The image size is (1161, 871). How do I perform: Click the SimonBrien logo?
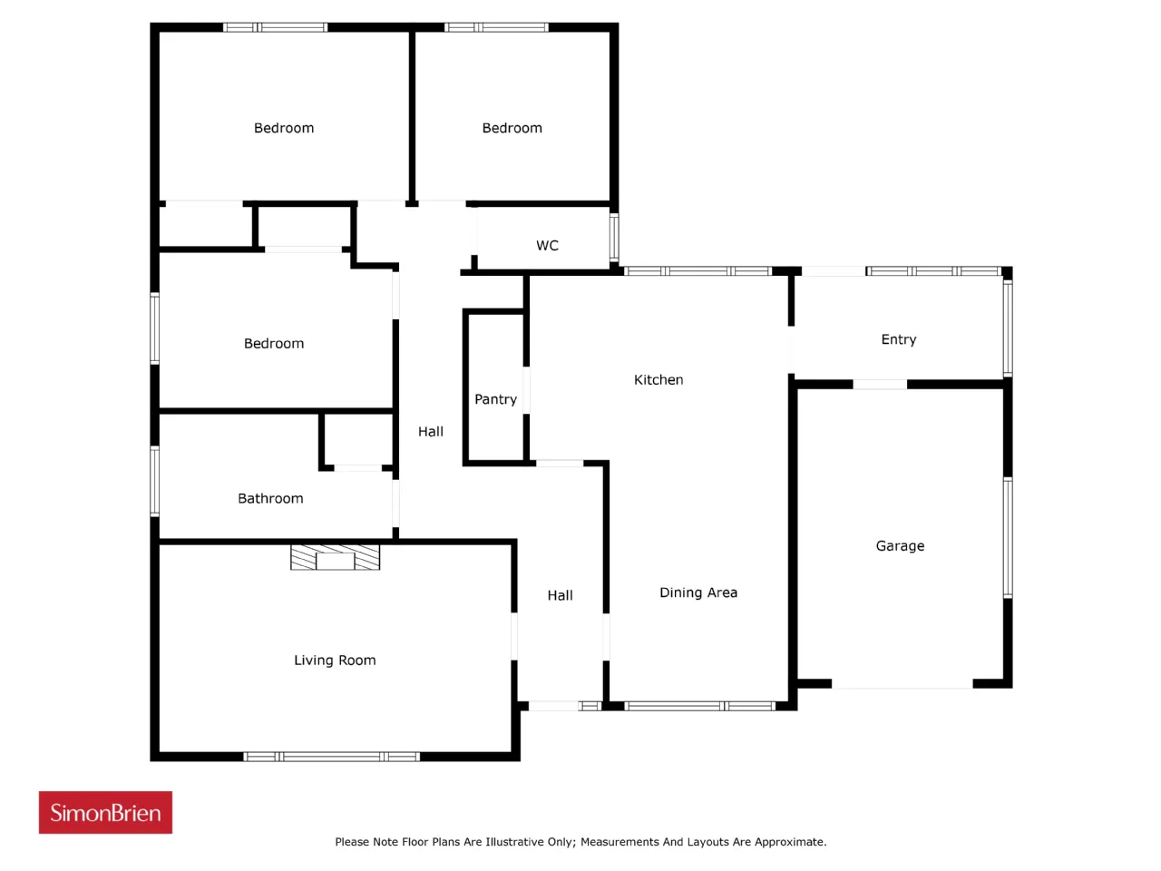pos(105,812)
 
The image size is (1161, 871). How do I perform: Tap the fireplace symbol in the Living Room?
pos(335,557)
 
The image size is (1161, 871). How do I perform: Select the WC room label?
pos(547,245)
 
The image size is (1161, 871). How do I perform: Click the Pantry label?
pos(495,399)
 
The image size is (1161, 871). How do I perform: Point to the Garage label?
pos(900,546)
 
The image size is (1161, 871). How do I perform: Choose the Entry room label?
pos(898,339)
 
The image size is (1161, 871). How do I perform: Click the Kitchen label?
pos(658,380)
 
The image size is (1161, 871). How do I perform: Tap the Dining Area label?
pos(698,592)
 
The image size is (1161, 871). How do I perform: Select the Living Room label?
pos(335,660)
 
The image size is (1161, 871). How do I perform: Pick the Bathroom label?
pos(270,498)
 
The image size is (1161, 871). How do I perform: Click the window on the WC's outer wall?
pos(613,237)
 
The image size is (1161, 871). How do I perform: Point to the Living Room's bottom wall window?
pos(332,757)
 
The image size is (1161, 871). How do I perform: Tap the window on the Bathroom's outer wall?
pos(154,481)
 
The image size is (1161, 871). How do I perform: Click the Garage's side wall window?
pos(1008,538)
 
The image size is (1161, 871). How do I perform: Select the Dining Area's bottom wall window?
pos(699,706)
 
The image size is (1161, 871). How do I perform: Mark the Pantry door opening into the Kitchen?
pos(526,390)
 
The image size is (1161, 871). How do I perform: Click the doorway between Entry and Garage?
pos(880,385)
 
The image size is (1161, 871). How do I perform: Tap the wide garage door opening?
pos(902,684)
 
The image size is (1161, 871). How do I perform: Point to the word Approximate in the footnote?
pos(790,843)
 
